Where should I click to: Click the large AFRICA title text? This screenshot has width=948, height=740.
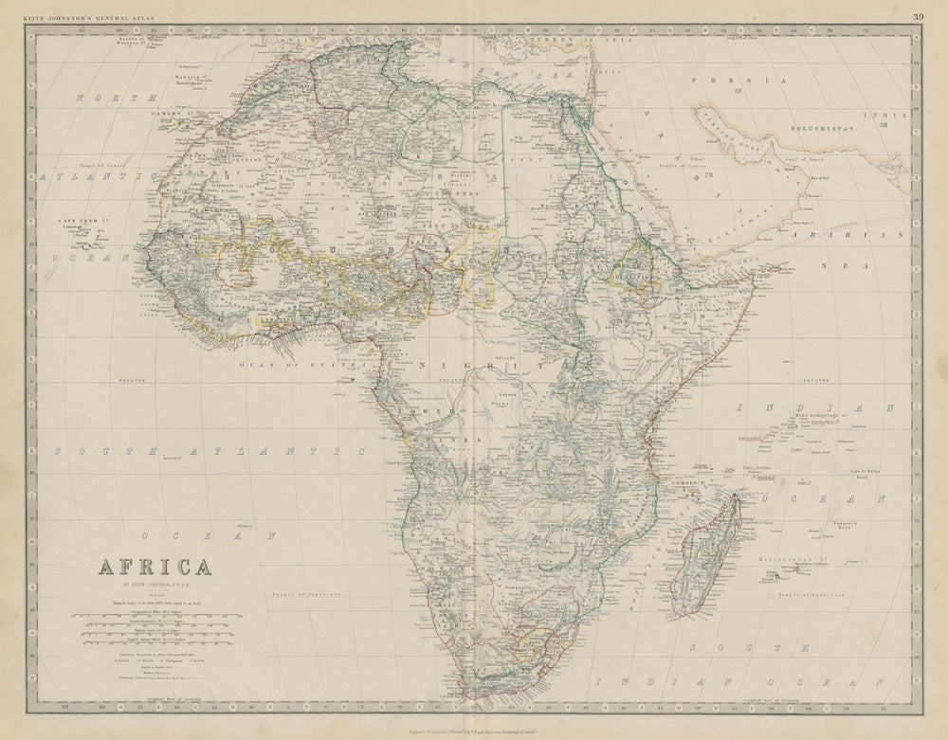click(155, 568)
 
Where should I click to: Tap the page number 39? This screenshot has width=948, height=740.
click(918, 15)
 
